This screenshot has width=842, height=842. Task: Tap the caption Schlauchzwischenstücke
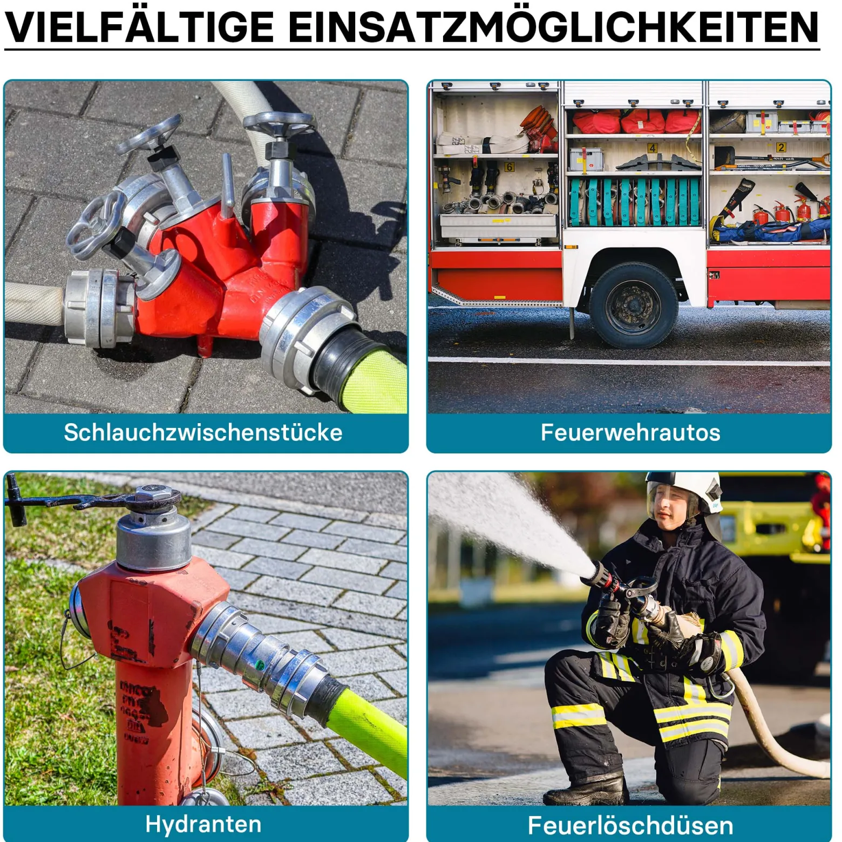click(x=203, y=432)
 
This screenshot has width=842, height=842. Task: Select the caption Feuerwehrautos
click(x=630, y=432)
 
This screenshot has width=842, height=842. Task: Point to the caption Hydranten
click(x=203, y=824)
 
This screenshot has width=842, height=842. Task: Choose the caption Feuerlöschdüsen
click(x=630, y=825)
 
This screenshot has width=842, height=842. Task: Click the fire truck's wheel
click(x=633, y=305)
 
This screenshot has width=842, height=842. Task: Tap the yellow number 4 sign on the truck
click(x=652, y=148)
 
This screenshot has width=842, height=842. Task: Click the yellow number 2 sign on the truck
click(x=780, y=147)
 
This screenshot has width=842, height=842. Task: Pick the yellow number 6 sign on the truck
click(x=509, y=167)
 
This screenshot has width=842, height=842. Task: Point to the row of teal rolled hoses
click(x=635, y=202)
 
